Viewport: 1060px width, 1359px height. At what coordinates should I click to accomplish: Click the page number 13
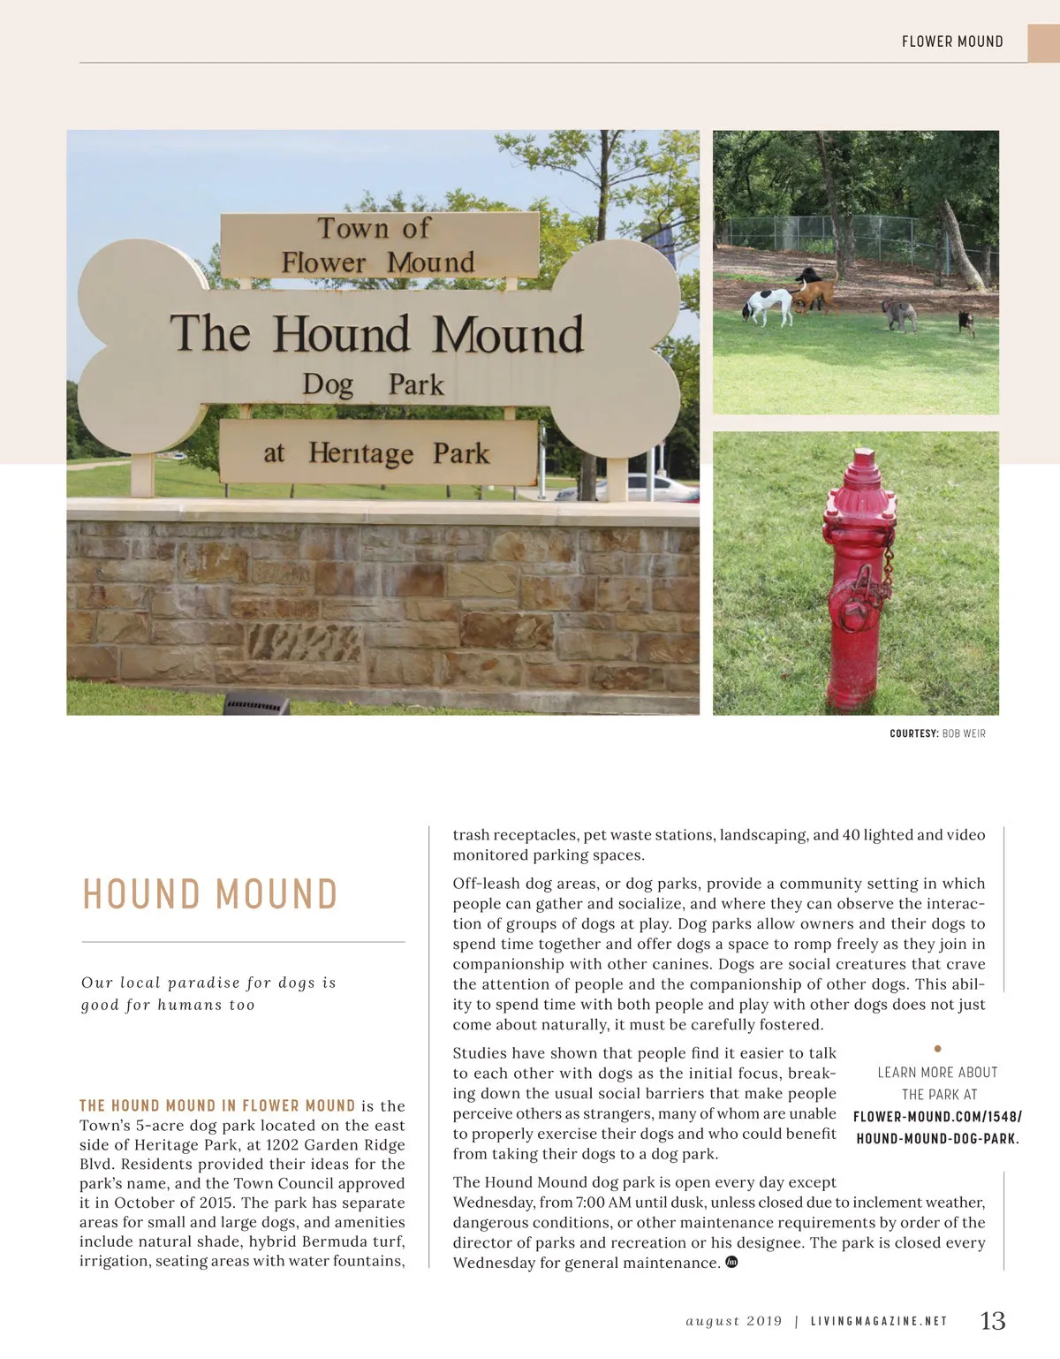[x=993, y=1321]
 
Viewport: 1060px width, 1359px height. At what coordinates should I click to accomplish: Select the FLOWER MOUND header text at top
[x=952, y=42]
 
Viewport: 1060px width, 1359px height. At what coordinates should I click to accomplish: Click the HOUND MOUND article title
[x=210, y=894]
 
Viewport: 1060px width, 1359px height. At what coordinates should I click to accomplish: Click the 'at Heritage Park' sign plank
[x=377, y=452]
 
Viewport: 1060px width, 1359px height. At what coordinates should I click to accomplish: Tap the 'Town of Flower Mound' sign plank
[x=379, y=246]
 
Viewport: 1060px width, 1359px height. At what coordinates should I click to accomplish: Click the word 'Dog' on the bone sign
[x=328, y=385]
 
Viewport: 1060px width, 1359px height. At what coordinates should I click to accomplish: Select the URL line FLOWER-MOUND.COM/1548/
[x=937, y=1117]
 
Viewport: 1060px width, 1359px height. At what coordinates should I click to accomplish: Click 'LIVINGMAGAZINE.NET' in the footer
[x=879, y=1322]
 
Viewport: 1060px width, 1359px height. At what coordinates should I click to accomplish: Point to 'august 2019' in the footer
[x=734, y=1322]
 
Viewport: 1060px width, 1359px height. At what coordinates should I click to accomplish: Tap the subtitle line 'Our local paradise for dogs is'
[x=208, y=983]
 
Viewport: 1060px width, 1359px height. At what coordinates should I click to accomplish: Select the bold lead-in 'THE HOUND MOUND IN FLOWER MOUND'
[x=217, y=1105]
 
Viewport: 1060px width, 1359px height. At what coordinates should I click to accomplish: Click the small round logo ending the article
[x=731, y=1262]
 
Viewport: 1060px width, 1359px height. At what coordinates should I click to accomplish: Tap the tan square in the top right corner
[x=1043, y=42]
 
